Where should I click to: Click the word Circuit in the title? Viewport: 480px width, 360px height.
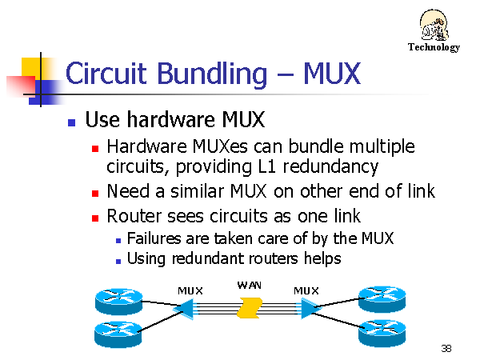(106, 74)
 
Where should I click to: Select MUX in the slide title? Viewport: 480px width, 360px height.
(332, 74)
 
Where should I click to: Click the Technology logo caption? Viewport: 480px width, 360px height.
(434, 47)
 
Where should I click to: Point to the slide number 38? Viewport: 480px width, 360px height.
(446, 348)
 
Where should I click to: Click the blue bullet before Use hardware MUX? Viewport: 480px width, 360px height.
(72, 122)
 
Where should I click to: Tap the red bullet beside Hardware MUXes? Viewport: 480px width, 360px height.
(95, 149)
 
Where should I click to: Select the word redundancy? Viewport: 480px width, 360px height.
(330, 167)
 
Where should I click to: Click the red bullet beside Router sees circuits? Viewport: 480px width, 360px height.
(95, 218)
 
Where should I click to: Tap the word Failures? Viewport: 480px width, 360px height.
(154, 238)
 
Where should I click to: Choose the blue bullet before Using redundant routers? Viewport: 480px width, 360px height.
(118, 261)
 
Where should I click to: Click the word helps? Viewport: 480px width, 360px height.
(322, 259)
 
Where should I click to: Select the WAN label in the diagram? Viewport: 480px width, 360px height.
(249, 286)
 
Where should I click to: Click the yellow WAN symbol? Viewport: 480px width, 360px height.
(250, 308)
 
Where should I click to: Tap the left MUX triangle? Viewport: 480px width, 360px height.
(185, 309)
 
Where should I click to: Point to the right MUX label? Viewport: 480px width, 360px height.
(306, 291)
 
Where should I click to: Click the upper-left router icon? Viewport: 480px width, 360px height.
(118, 302)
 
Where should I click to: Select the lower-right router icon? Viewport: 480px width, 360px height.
(382, 334)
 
